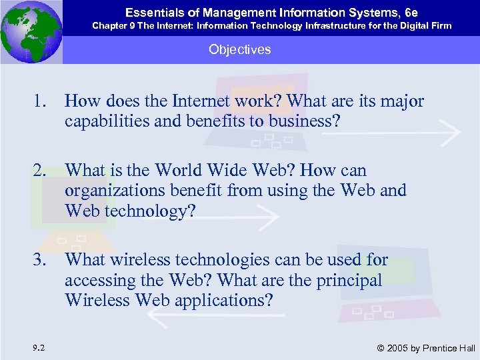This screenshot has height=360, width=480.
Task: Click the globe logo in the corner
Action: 31,31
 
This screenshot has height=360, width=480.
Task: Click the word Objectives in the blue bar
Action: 239,50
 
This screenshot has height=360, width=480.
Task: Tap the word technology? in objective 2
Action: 157,211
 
